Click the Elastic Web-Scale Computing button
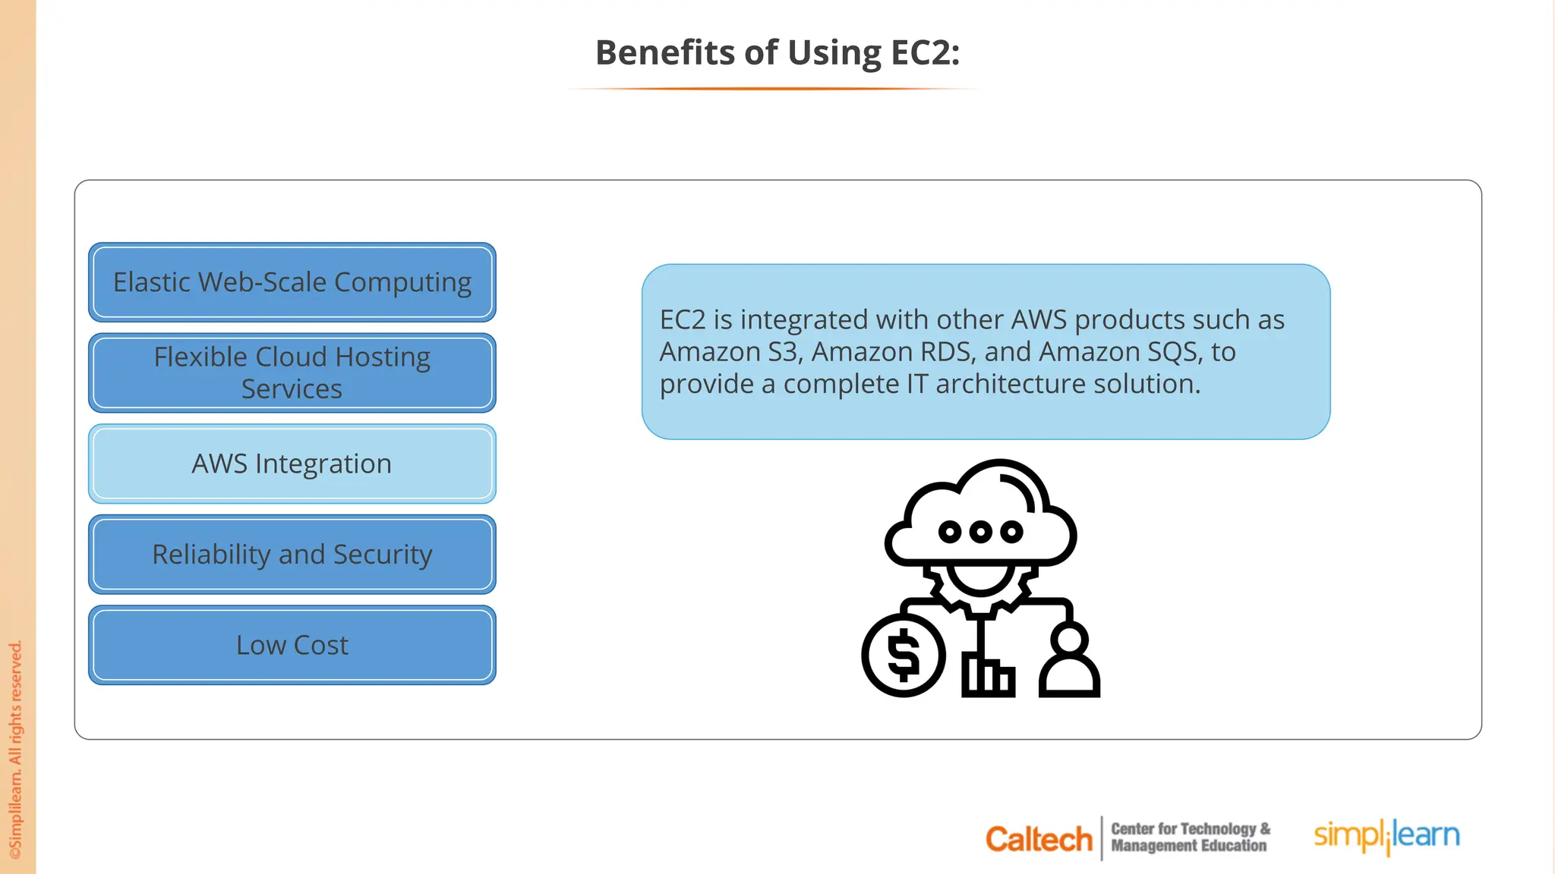292,282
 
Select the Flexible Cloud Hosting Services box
292,373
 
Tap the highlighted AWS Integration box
292,464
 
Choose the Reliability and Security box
292,555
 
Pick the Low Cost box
292,645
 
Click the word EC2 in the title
924,53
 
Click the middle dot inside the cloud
980,532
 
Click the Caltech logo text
1038,839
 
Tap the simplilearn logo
1386,836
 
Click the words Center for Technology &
1190,829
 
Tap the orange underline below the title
774,89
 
